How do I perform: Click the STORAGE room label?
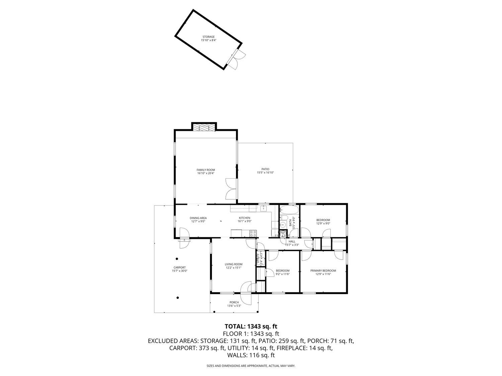(208, 37)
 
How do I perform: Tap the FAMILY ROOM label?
(206, 170)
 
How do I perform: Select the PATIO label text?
(265, 169)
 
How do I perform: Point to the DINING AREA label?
(198, 218)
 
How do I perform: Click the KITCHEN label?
(244, 218)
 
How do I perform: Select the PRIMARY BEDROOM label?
(323, 271)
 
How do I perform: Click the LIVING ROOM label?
(233, 264)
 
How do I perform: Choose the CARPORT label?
(179, 267)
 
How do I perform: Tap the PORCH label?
(234, 302)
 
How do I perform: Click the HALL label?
(292, 241)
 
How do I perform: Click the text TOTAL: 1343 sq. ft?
(251, 326)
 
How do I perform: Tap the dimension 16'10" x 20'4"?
(206, 173)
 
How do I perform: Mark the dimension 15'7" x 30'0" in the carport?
(179, 271)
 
